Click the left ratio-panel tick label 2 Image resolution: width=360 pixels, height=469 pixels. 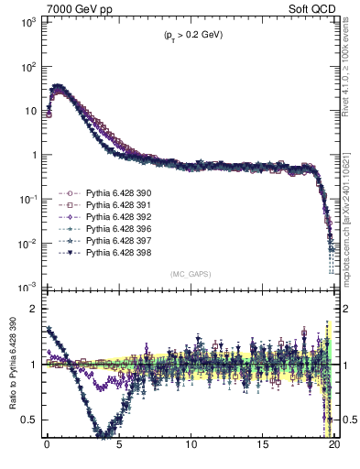click(x=31, y=309)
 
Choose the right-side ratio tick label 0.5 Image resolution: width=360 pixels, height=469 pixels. click(x=348, y=420)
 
